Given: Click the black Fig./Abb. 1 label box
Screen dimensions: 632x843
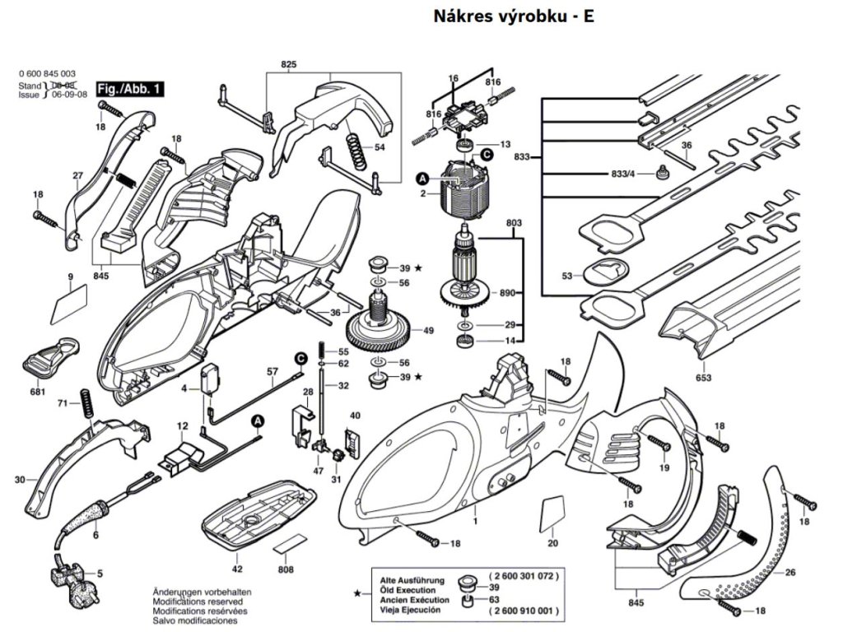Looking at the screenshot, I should pyautogui.click(x=130, y=88).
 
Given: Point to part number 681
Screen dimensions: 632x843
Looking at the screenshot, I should pyautogui.click(x=38, y=393).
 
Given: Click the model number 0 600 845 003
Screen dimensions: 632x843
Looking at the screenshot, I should pyautogui.click(x=47, y=74).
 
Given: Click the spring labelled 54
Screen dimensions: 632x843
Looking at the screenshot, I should pyautogui.click(x=354, y=151).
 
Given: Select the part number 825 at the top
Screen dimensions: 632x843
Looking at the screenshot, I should pyautogui.click(x=288, y=64).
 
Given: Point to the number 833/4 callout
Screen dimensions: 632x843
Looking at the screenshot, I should pyautogui.click(x=621, y=174).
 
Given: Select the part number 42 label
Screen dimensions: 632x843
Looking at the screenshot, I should pyautogui.click(x=237, y=569).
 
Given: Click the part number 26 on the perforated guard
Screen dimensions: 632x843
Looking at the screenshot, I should pyautogui.click(x=790, y=573).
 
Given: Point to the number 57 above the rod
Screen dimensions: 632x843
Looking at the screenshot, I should pyautogui.click(x=272, y=372).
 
